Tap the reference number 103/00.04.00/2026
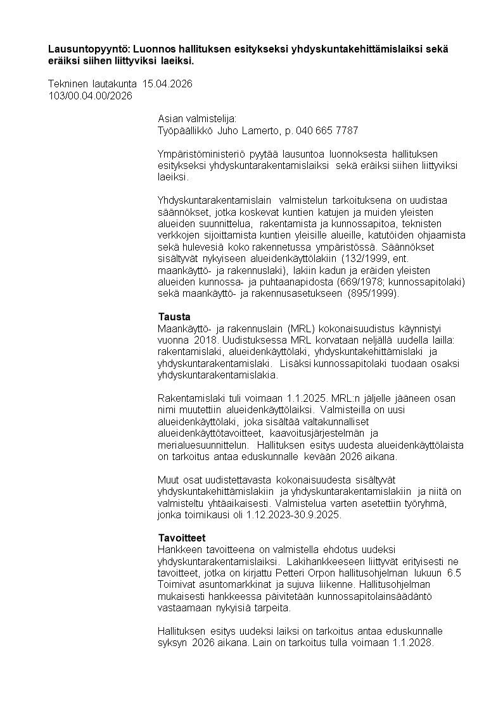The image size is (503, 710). coord(90,96)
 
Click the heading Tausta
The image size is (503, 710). coord(174,316)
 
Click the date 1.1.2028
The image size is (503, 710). coord(411,643)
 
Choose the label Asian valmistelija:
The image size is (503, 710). coord(197,119)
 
